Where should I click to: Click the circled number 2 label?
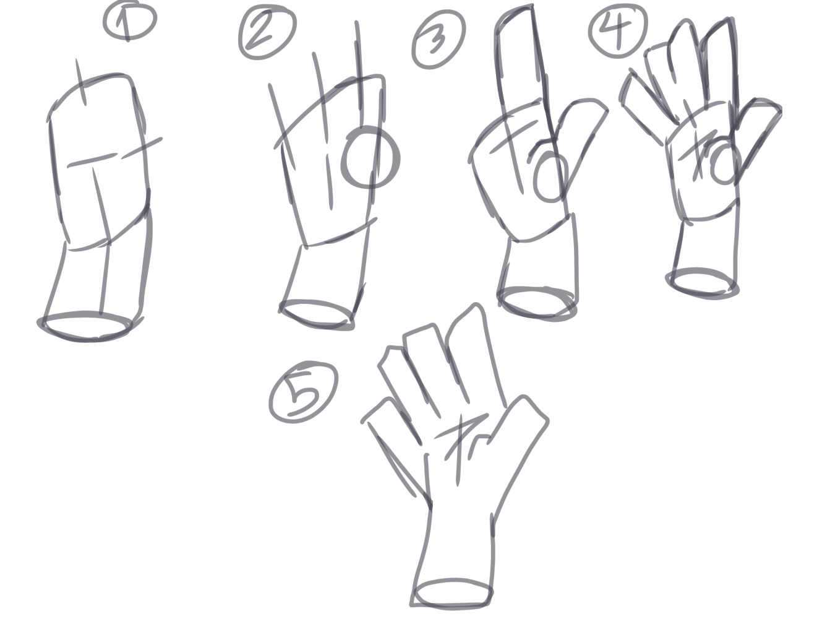(x=267, y=33)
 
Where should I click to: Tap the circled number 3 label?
(x=438, y=41)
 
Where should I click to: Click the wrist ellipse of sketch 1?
(x=86, y=326)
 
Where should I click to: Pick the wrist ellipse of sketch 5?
(x=453, y=593)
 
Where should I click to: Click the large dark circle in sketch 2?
(x=370, y=158)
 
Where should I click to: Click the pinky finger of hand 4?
(x=643, y=99)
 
